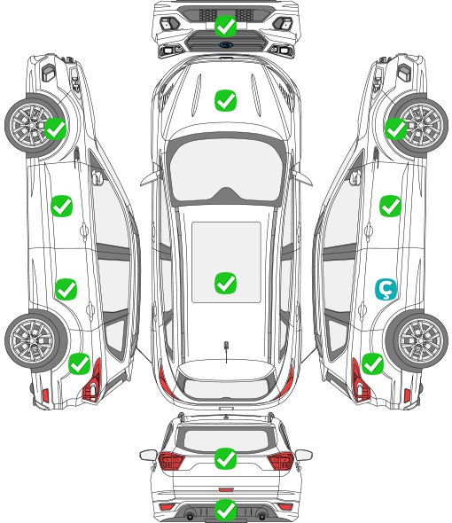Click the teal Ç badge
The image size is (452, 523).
[386, 289]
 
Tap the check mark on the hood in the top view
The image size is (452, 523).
[225, 100]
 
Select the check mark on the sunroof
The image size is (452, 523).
[225, 283]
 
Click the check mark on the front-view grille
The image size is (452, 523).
[225, 26]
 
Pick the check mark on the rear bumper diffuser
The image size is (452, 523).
[225, 510]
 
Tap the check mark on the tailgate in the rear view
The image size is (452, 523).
[225, 458]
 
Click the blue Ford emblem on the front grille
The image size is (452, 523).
[225, 44]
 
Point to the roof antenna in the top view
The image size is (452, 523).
[226, 351]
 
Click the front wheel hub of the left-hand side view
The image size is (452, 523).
[33, 125]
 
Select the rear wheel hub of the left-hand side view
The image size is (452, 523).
[33, 340]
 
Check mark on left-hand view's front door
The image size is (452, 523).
[62, 206]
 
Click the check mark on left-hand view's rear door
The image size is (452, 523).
[66, 289]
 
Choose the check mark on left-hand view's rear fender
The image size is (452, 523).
[80, 364]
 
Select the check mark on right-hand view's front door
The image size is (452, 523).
[390, 206]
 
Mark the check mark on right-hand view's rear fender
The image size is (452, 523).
[372, 364]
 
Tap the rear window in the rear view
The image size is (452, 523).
[226, 439]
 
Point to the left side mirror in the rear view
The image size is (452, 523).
[148, 455]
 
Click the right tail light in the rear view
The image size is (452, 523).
[280, 460]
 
